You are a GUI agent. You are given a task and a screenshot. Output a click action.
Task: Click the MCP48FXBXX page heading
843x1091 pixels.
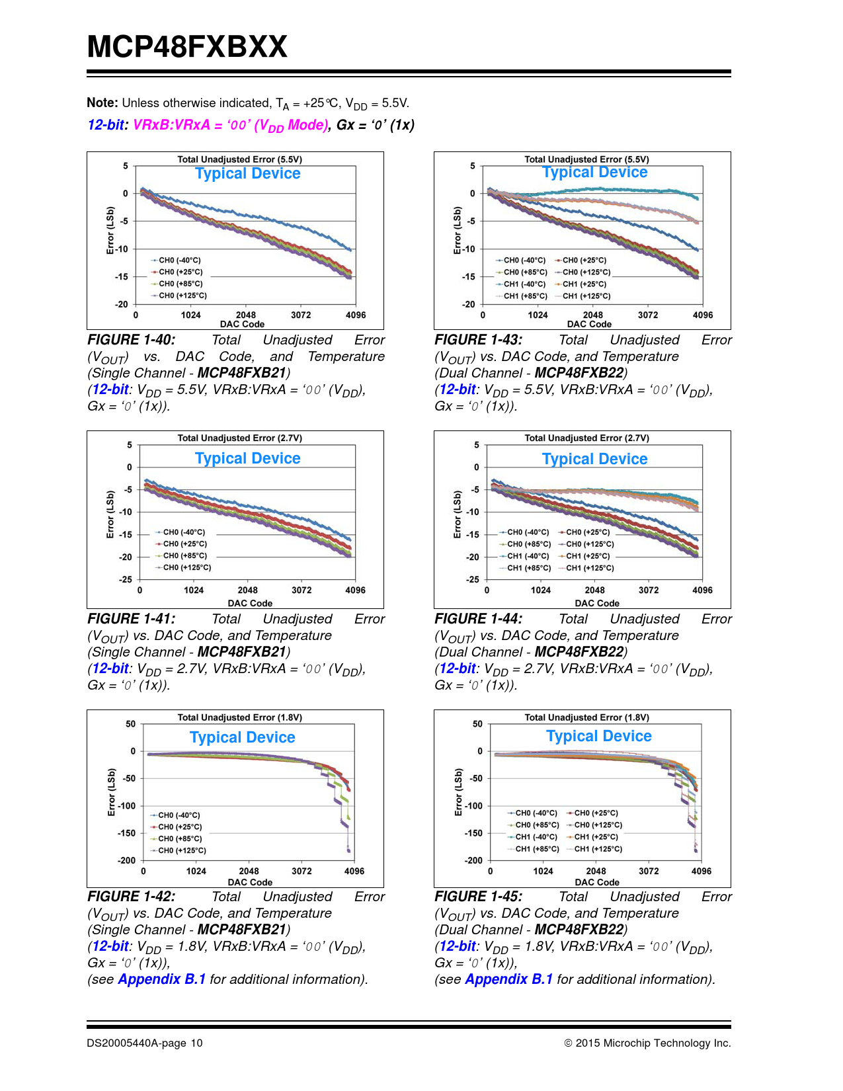coord(187,47)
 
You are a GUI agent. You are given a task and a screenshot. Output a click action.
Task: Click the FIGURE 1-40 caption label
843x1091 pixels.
coord(131,340)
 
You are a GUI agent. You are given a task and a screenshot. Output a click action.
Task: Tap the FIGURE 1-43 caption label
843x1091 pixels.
coord(478,340)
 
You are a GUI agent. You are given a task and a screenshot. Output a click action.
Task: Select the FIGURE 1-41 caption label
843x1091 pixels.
coord(131,619)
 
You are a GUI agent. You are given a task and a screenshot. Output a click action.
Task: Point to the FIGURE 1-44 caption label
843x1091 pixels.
coord(478,619)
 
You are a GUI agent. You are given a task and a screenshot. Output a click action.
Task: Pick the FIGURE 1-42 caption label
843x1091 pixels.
coord(131,897)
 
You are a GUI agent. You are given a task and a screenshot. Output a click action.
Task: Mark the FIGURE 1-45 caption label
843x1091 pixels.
coord(478,897)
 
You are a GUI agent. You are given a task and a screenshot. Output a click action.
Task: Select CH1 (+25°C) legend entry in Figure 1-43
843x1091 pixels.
coord(584,284)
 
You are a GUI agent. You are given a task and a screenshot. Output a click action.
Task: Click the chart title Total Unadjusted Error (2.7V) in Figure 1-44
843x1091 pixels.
coord(586,438)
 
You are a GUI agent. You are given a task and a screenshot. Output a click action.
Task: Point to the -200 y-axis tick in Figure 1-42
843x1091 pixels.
coord(126,860)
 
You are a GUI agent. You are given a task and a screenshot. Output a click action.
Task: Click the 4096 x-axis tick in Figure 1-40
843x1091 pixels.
coord(356,315)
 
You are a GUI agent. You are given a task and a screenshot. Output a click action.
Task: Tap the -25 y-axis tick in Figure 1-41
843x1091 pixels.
coord(125,579)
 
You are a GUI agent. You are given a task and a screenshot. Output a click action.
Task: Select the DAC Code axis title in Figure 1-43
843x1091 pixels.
coord(589,324)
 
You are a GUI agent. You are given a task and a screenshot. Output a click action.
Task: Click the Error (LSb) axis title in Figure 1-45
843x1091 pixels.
coord(458,792)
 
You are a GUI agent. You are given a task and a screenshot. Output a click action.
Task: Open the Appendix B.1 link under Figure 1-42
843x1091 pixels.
coord(161,979)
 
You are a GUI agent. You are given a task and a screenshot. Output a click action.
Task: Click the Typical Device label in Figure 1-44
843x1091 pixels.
coord(594,459)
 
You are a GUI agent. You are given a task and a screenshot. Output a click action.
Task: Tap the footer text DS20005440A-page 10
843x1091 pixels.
coord(145,1043)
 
